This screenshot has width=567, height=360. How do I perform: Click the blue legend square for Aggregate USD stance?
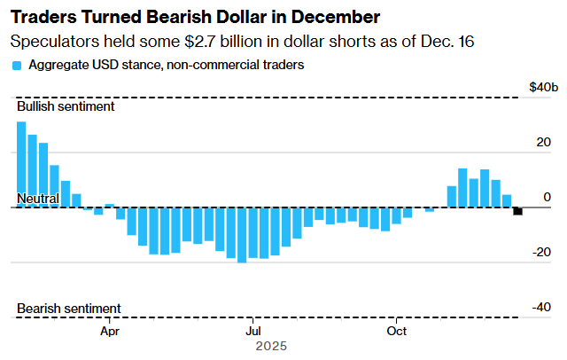17,66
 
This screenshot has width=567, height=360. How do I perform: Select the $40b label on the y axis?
543,87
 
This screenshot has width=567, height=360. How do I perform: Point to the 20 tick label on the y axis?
544,142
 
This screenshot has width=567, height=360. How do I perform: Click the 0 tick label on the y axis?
547,197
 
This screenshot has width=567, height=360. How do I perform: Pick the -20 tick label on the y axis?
541,252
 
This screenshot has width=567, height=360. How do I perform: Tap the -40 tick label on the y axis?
541,307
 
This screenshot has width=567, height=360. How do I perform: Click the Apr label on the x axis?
110,332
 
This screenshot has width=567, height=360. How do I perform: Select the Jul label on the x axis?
252,332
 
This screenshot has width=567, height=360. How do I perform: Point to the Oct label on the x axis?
397,332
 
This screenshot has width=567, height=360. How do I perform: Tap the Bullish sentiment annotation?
66,106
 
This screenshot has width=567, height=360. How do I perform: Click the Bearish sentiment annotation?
69,309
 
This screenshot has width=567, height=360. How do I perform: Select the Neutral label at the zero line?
37,200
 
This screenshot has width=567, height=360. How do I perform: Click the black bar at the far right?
517,211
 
